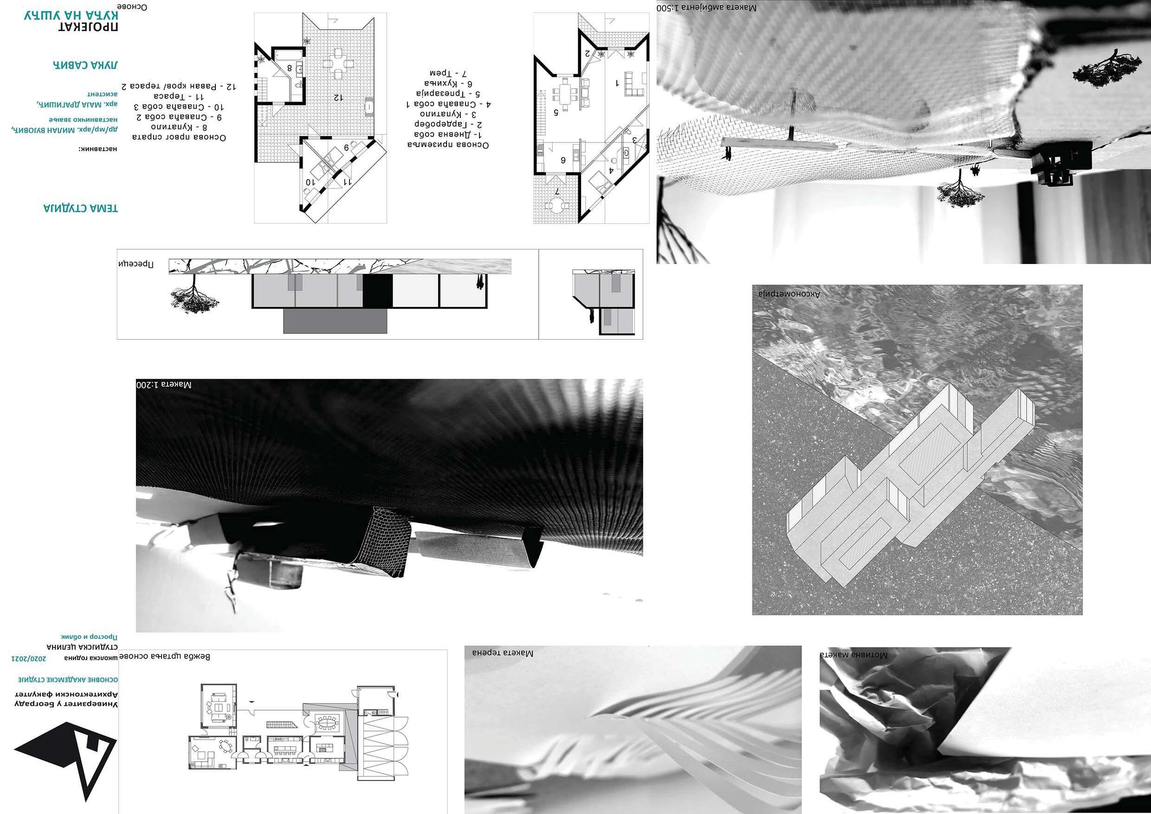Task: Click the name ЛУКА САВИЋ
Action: pos(85,65)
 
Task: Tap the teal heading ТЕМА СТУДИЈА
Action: pos(81,208)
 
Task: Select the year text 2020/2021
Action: pos(31,657)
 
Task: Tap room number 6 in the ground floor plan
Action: pos(563,160)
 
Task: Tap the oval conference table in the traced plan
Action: pos(328,723)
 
